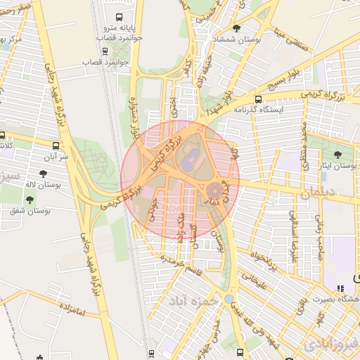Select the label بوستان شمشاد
click(x=238, y=39)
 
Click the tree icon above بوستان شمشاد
click(x=236, y=28)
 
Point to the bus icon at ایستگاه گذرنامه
click(x=258, y=99)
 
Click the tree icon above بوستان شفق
click(x=29, y=199)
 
